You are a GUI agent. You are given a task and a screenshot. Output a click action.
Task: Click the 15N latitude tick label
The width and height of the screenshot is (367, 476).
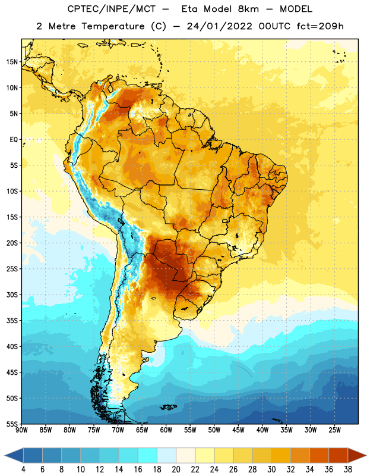(12, 62)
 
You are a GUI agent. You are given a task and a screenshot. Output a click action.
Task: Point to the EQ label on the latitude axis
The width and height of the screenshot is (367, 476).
(14, 140)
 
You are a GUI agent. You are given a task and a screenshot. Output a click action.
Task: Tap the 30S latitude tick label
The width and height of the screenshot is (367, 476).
(12, 295)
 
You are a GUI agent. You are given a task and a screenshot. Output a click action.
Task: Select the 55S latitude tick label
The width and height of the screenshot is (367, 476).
(12, 424)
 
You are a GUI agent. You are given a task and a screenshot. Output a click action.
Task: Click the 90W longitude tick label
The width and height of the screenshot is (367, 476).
(21, 430)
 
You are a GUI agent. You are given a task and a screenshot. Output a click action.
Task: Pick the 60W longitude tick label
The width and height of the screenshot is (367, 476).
(166, 430)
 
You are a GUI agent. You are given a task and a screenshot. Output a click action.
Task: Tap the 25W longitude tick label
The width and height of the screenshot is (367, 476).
(334, 430)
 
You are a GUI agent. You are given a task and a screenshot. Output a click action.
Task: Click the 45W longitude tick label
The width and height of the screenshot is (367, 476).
(238, 430)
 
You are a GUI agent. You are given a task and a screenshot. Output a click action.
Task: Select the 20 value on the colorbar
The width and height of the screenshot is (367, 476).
(176, 469)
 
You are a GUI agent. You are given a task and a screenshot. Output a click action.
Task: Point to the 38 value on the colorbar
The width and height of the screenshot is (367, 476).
(348, 469)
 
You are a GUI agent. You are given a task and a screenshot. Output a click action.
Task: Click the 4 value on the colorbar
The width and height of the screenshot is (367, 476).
(23, 469)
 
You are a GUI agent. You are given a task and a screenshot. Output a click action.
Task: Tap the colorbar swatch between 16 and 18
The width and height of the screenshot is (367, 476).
(148, 455)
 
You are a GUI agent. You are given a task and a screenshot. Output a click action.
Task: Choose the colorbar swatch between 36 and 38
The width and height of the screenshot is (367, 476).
(338, 455)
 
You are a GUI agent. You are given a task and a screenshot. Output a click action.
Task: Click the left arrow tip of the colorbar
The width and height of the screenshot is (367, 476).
(5, 455)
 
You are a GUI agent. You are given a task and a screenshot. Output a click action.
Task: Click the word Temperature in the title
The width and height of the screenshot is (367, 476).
(113, 26)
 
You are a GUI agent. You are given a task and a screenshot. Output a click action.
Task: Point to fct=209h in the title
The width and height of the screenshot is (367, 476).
(320, 26)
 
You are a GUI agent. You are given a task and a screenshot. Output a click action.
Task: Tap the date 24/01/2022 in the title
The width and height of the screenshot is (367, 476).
(219, 26)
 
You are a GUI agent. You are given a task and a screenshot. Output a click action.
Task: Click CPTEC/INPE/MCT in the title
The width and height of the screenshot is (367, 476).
(112, 9)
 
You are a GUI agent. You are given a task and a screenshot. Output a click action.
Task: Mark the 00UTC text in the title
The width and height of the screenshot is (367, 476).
(274, 26)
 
